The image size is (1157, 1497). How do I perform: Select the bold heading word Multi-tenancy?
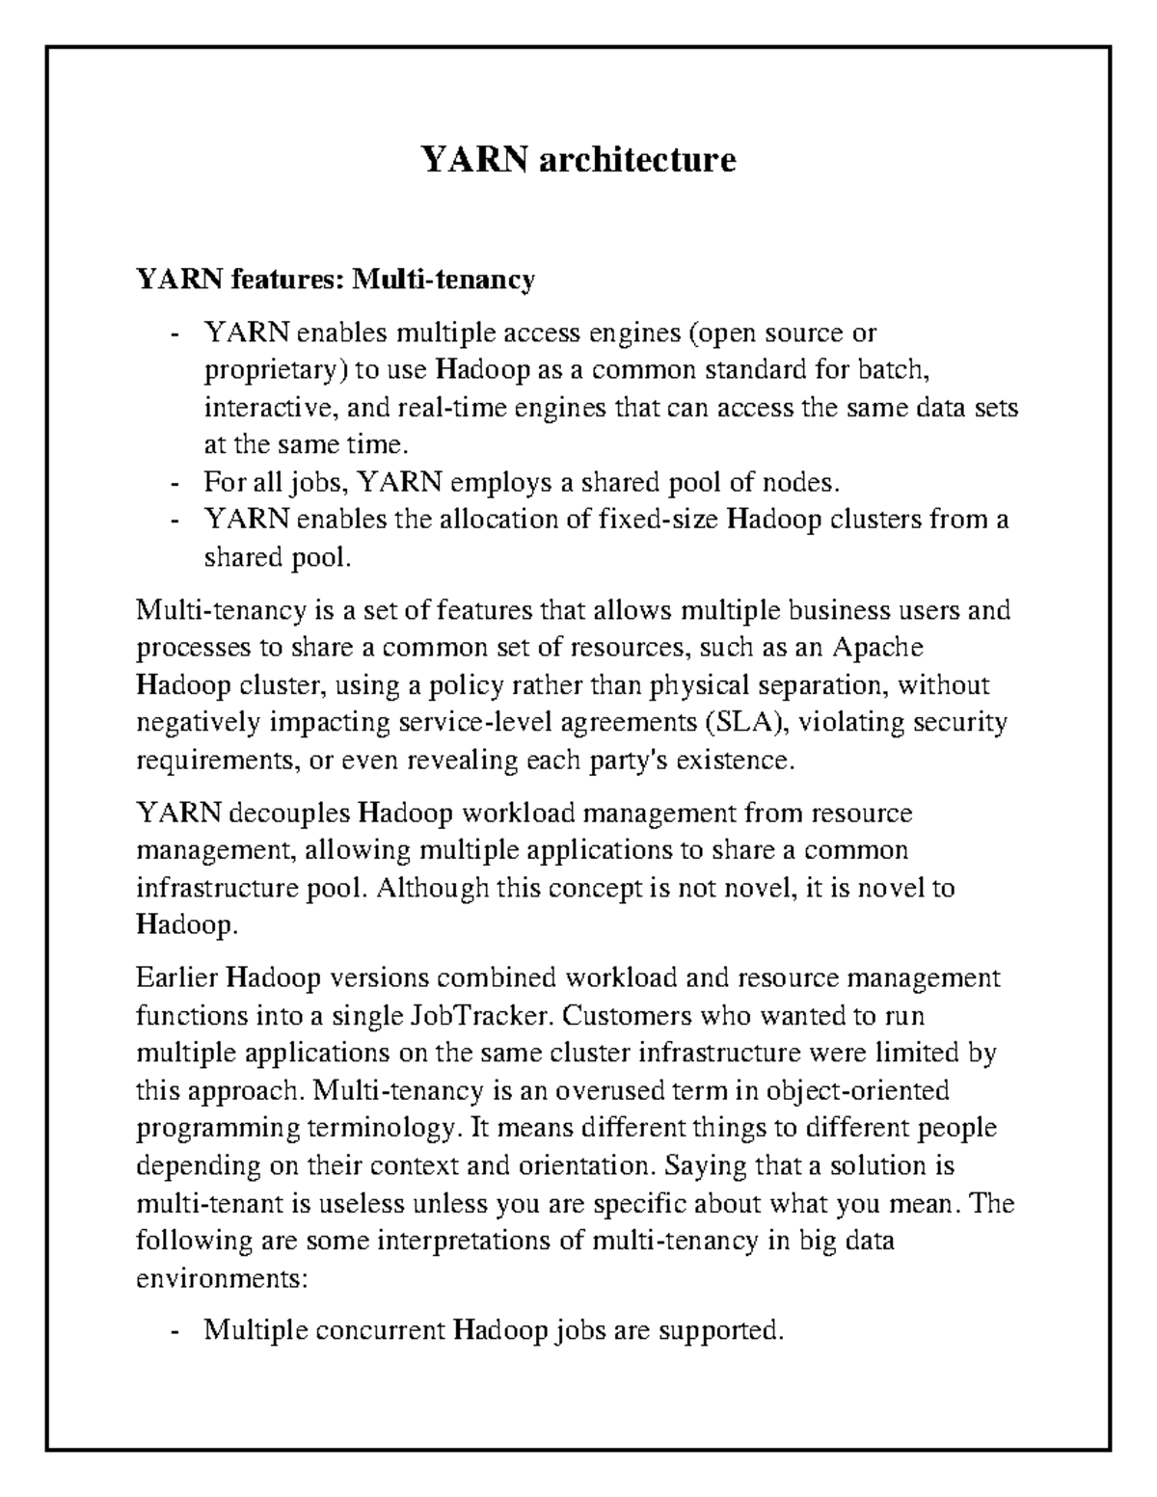click(443, 281)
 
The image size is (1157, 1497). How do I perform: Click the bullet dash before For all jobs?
click(174, 483)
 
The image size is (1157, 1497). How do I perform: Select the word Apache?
click(878, 647)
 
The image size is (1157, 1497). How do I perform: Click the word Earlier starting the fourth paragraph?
click(176, 979)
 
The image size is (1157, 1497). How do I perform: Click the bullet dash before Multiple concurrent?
click(174, 1333)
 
